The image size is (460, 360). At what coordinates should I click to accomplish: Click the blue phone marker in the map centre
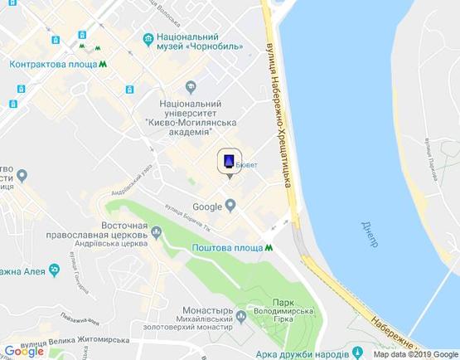(230, 161)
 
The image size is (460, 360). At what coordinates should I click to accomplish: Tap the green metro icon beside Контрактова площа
(103, 64)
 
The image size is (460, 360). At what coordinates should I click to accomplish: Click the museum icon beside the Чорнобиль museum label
(148, 38)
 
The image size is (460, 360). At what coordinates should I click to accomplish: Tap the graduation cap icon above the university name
(191, 85)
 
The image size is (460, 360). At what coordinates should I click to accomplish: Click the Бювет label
(247, 165)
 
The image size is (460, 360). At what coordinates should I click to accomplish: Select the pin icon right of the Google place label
(230, 207)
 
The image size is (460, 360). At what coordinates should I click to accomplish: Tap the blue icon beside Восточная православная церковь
(155, 235)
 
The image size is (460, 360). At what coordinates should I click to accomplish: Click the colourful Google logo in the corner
(24, 351)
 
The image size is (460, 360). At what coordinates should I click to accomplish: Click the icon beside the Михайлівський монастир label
(240, 316)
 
